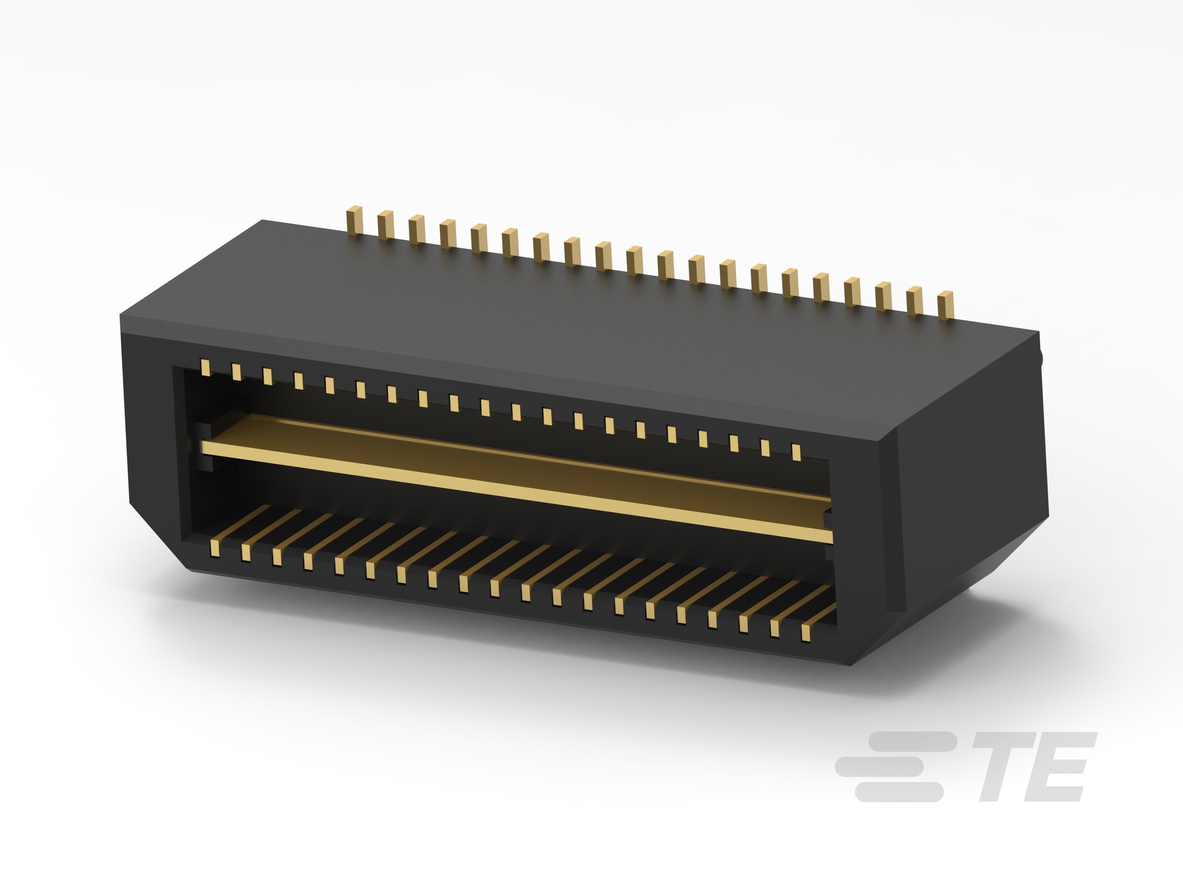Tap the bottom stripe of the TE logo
pyautogui.click(x=898, y=792)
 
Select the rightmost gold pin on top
pyautogui.click(x=946, y=305)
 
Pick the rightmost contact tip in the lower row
pyautogui.click(x=806, y=634)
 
